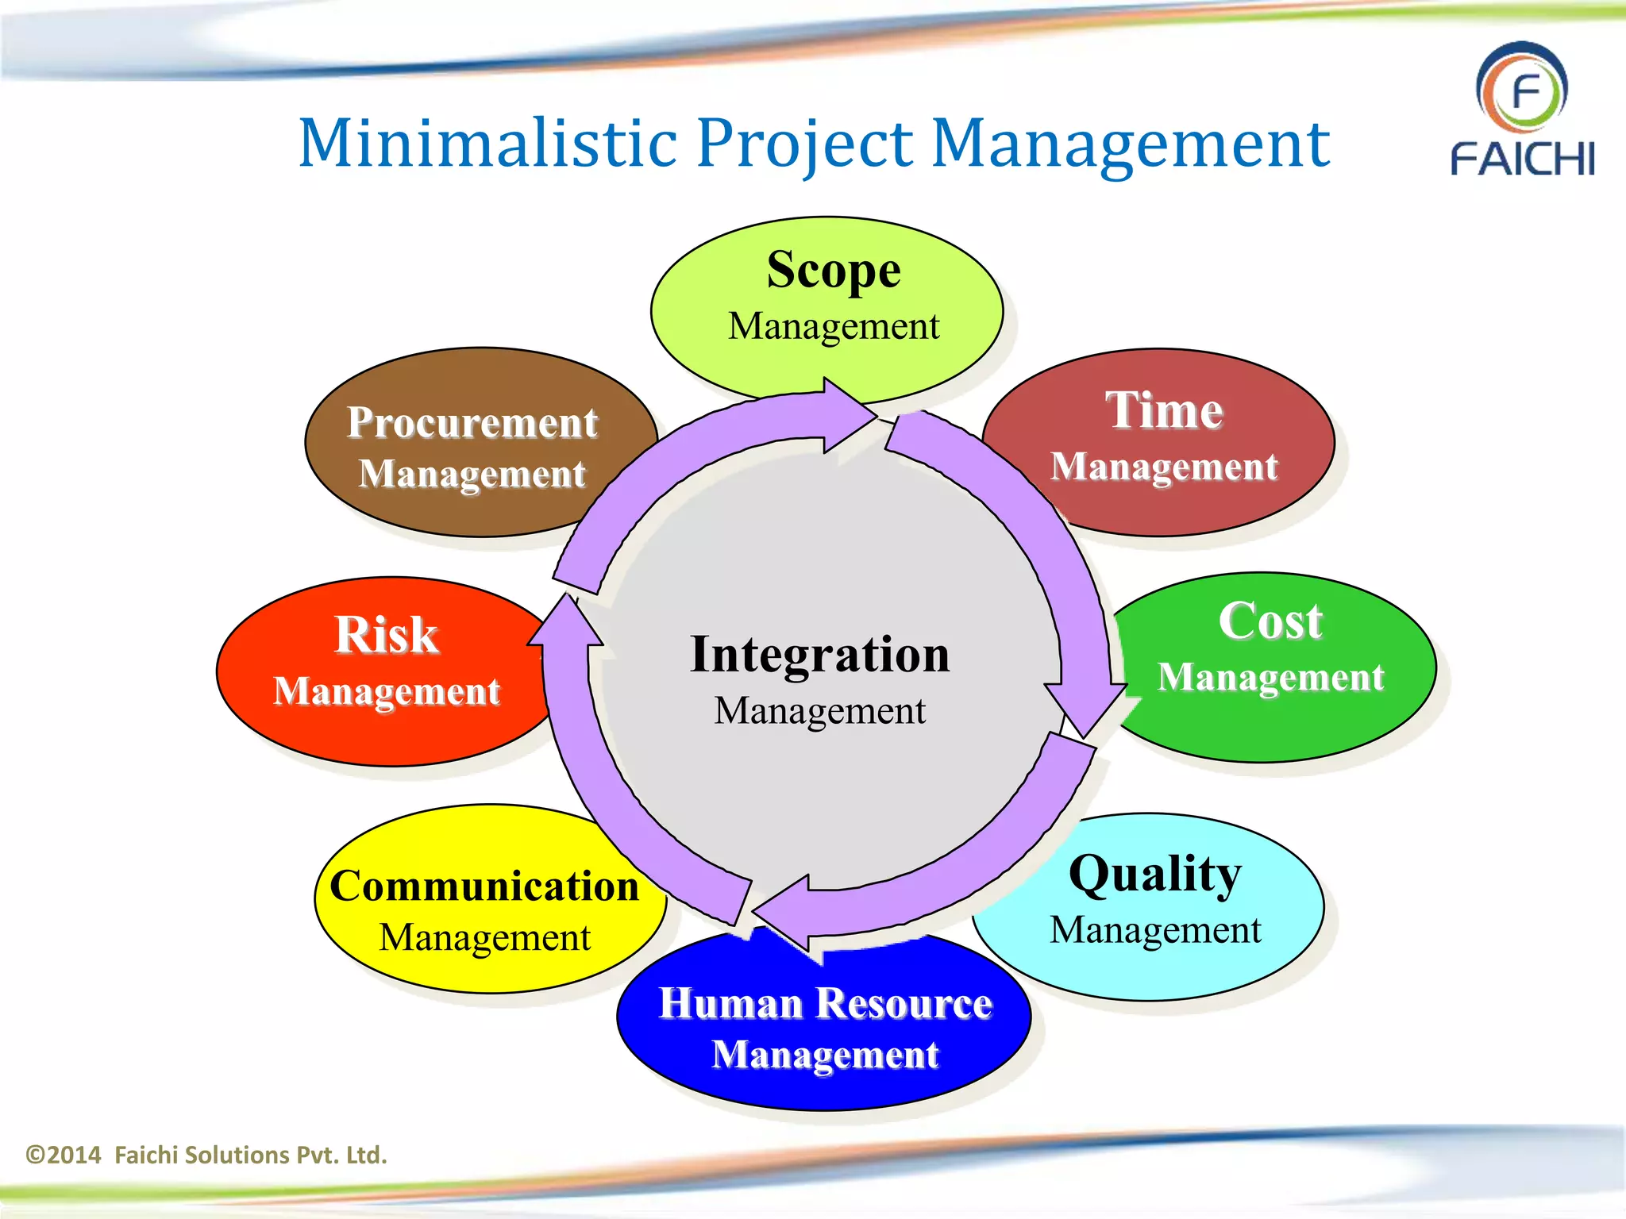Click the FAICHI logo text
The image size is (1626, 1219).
[x=1522, y=159]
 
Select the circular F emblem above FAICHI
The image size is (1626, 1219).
[x=1522, y=90]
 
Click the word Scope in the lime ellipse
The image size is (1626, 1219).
[x=833, y=271]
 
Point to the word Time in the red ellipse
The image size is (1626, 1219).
[x=1164, y=410]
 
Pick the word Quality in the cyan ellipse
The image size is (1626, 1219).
[x=1155, y=874]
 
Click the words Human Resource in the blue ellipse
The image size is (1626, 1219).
[x=826, y=1003]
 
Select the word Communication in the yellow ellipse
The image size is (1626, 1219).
[x=484, y=886]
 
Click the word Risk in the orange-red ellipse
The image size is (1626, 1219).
[x=386, y=635]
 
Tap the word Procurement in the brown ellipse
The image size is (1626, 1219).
[x=472, y=422]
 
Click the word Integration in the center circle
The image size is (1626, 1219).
[x=819, y=655]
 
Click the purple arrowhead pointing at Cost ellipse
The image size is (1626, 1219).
[x=1085, y=706]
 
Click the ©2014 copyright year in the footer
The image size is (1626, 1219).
[x=64, y=1155]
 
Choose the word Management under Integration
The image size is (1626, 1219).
[x=819, y=711]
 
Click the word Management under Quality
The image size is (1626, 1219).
[x=1155, y=930]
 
